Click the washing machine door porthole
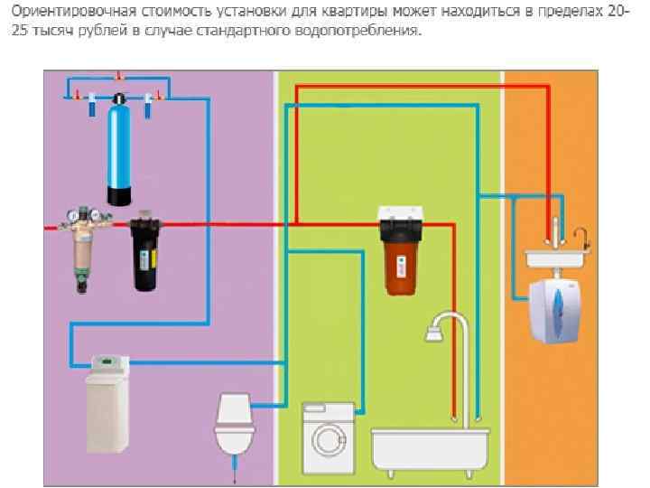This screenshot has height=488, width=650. (326, 439)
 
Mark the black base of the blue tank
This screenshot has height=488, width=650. (121, 193)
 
